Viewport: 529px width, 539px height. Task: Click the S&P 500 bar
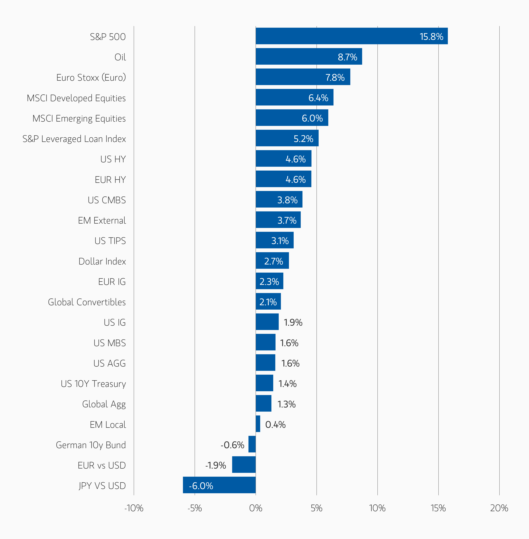(351, 36)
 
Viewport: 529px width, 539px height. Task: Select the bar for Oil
(308, 56)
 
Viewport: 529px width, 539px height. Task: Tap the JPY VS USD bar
(219, 485)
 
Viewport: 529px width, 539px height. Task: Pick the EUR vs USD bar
(244, 464)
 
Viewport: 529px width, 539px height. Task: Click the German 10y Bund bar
(252, 444)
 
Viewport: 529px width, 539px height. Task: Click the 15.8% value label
(431, 36)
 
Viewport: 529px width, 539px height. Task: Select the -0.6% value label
(232, 445)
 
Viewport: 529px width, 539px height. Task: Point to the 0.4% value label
(275, 425)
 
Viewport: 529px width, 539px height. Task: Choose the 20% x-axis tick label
(499, 508)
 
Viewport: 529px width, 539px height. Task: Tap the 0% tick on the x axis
(256, 508)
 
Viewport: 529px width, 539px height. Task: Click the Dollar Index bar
(272, 260)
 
